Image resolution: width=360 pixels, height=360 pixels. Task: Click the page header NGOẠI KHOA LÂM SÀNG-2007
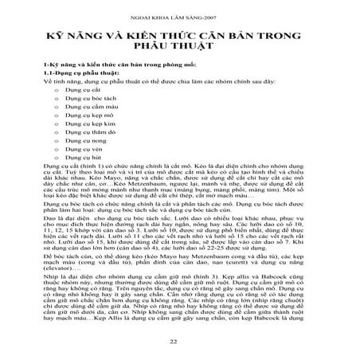pyautogui.click(x=179, y=17)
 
